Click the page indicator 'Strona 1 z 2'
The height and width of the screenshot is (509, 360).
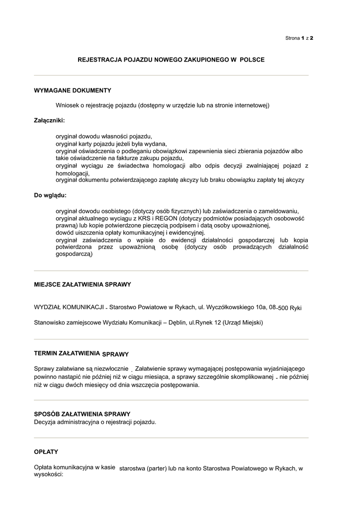tap(299, 38)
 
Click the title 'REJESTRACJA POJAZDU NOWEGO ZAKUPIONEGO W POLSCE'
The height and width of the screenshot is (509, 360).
tap(171, 60)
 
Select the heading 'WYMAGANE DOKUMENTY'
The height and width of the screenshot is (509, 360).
tap(72, 90)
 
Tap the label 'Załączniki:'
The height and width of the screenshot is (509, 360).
tap(49, 120)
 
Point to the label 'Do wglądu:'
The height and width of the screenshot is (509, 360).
tap(50, 195)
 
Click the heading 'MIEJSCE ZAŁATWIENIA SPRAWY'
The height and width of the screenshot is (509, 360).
tap(82, 284)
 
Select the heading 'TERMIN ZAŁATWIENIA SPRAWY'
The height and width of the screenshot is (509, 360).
tap(81, 353)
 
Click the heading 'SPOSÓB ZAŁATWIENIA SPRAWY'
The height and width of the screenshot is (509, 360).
tap(82, 414)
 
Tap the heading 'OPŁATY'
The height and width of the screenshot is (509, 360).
tap(46, 452)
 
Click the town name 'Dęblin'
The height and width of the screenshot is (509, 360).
tap(177, 323)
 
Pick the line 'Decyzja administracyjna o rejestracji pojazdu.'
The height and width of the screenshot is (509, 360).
tap(95, 422)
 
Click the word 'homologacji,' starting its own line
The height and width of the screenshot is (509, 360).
tap(72, 173)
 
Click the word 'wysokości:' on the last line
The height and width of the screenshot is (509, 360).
tap(49, 475)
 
